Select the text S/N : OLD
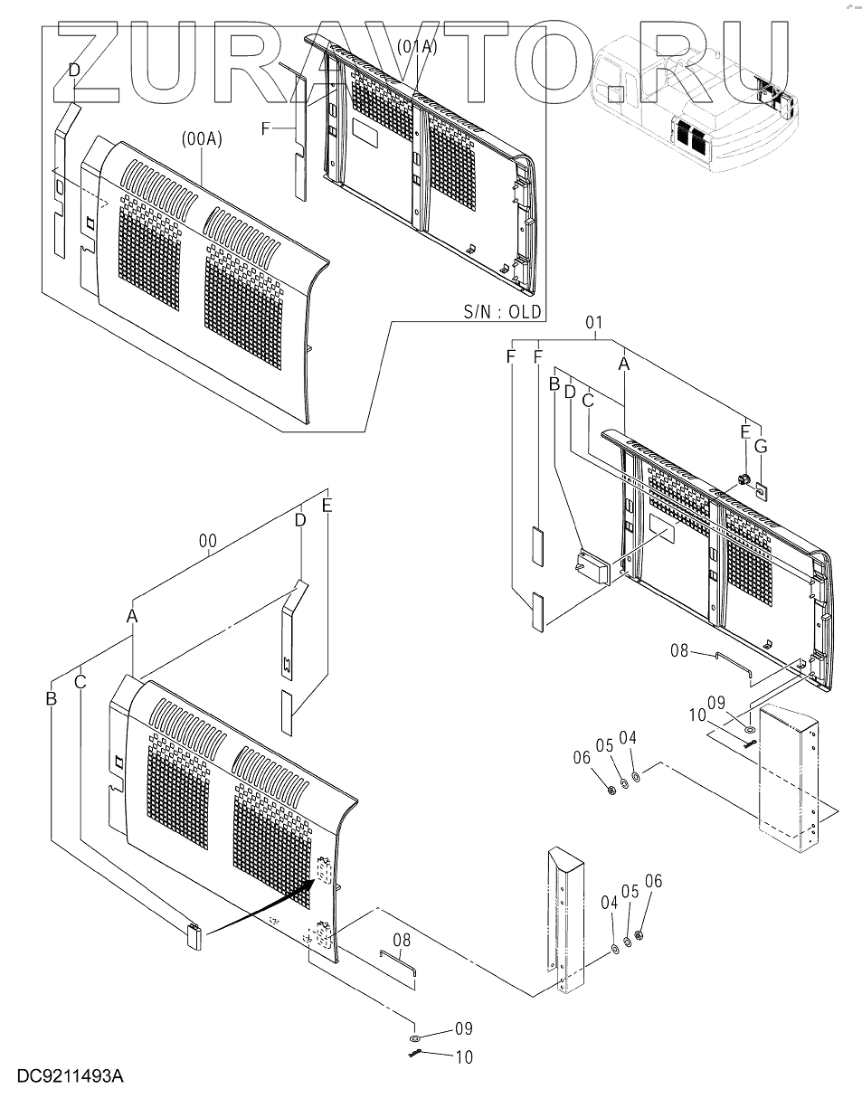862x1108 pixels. click(502, 312)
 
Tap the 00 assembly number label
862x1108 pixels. click(208, 541)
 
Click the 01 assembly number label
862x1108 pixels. click(594, 322)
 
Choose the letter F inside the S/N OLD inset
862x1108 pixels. click(266, 129)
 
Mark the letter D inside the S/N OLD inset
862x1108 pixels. click(74, 70)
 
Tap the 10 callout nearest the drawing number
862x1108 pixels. click(464, 1056)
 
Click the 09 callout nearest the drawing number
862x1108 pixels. click(464, 1028)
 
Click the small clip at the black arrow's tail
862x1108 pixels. click(194, 935)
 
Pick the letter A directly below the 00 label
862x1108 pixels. click(132, 615)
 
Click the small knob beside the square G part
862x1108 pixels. click(744, 479)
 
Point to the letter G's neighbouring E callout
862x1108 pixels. click(744, 432)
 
